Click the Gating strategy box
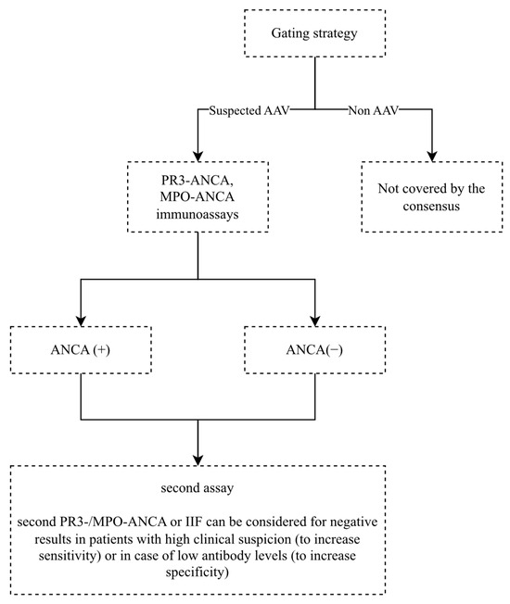pyautogui.click(x=316, y=33)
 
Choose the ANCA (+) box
pyautogui.click(x=83, y=349)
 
